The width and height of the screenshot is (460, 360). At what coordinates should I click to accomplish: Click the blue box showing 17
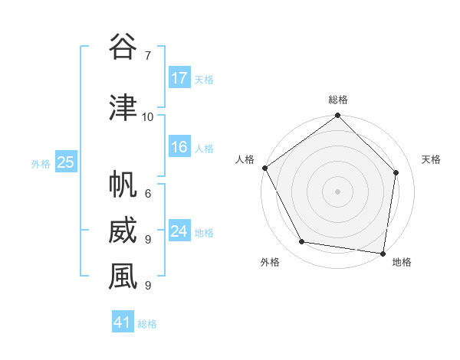pyautogui.click(x=179, y=78)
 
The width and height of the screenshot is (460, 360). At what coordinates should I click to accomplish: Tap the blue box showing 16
pyautogui.click(x=179, y=147)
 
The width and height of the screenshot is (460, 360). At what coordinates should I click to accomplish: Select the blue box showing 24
pyautogui.click(x=179, y=231)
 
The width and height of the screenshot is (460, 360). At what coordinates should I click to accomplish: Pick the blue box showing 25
pyautogui.click(x=65, y=162)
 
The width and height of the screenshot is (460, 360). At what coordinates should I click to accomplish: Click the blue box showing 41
pyautogui.click(x=123, y=322)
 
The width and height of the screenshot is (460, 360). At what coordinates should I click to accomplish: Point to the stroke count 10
pyautogui.click(x=148, y=117)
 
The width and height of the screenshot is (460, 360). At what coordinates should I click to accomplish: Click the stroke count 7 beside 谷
pyautogui.click(x=147, y=56)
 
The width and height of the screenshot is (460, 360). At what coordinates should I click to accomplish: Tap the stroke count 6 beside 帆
pyautogui.click(x=147, y=194)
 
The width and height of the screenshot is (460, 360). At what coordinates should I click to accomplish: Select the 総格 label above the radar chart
pyautogui.click(x=338, y=100)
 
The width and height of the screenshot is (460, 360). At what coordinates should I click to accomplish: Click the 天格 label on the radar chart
pyautogui.click(x=432, y=159)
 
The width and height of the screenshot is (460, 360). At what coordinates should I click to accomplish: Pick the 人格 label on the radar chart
pyautogui.click(x=245, y=159)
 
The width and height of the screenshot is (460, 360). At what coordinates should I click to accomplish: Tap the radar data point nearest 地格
pyautogui.click(x=383, y=253)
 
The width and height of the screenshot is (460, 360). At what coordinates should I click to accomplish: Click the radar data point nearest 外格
pyautogui.click(x=302, y=242)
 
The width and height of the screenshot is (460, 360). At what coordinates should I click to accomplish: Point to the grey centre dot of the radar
pyautogui.click(x=338, y=191)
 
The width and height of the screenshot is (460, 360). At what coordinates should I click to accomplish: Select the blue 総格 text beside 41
pyautogui.click(x=147, y=324)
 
